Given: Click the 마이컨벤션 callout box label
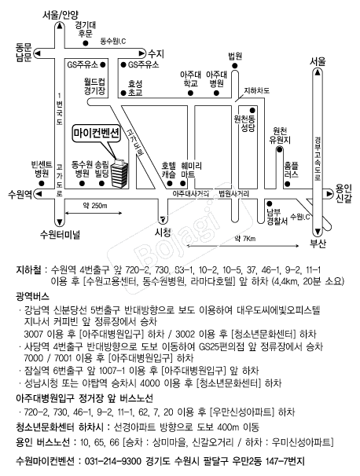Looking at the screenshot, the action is click(97, 134).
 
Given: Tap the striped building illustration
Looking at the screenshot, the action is click(119, 173).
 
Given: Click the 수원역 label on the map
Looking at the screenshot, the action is click(20, 194).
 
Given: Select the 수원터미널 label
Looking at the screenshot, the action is click(60, 234).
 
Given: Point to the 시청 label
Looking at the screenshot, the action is click(163, 233).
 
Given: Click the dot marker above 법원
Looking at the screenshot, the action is click(234, 65).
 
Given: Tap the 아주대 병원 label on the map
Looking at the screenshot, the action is click(217, 79).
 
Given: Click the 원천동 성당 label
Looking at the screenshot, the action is click(244, 123).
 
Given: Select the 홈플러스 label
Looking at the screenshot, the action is click(292, 170).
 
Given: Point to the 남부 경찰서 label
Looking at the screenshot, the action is click(277, 217).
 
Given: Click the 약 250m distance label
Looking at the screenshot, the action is click(95, 206).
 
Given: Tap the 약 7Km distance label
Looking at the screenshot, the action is click(245, 239).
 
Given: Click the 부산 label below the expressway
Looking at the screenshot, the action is click(318, 243).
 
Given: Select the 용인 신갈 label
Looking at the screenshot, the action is click(343, 194).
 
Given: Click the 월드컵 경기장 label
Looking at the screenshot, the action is click(94, 86).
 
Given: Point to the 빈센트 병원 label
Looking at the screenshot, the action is click(42, 170).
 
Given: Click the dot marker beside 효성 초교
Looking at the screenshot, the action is click(123, 93).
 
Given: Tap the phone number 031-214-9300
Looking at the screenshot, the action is click(112, 461).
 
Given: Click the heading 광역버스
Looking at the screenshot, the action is click(32, 296).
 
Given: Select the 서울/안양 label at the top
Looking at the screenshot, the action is click(61, 15).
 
